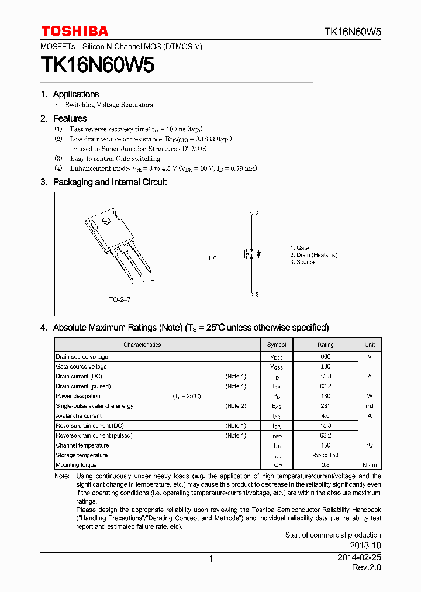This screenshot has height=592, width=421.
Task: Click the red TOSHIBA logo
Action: coord(74,31)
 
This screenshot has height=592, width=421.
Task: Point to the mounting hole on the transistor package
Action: coord(106,221)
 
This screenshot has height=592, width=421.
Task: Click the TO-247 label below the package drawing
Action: coord(119,300)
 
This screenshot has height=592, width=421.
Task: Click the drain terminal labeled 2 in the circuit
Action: coord(252,214)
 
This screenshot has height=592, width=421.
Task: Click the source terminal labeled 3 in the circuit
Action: coord(252,294)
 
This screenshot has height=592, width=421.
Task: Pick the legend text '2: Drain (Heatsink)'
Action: coord(313,255)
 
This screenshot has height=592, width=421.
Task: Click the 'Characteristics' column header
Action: coord(142,345)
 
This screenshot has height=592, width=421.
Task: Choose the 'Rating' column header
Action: coord(326,345)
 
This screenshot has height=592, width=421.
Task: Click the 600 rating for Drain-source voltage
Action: coord(326,357)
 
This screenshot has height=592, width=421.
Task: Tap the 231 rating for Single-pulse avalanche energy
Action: coord(326,406)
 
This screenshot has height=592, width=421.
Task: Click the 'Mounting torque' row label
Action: coord(76,465)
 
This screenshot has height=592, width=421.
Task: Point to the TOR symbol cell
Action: coord(277,465)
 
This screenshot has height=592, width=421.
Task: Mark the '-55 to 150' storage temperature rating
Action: coord(326,455)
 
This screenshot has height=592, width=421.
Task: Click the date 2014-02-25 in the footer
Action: coord(359,558)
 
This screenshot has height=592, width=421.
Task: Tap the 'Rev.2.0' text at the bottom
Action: coord(366,568)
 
